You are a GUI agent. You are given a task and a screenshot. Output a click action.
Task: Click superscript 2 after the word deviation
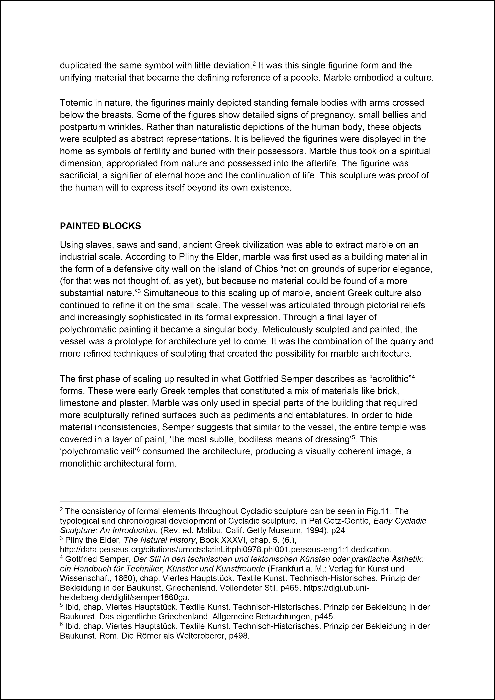(x=254, y=63)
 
